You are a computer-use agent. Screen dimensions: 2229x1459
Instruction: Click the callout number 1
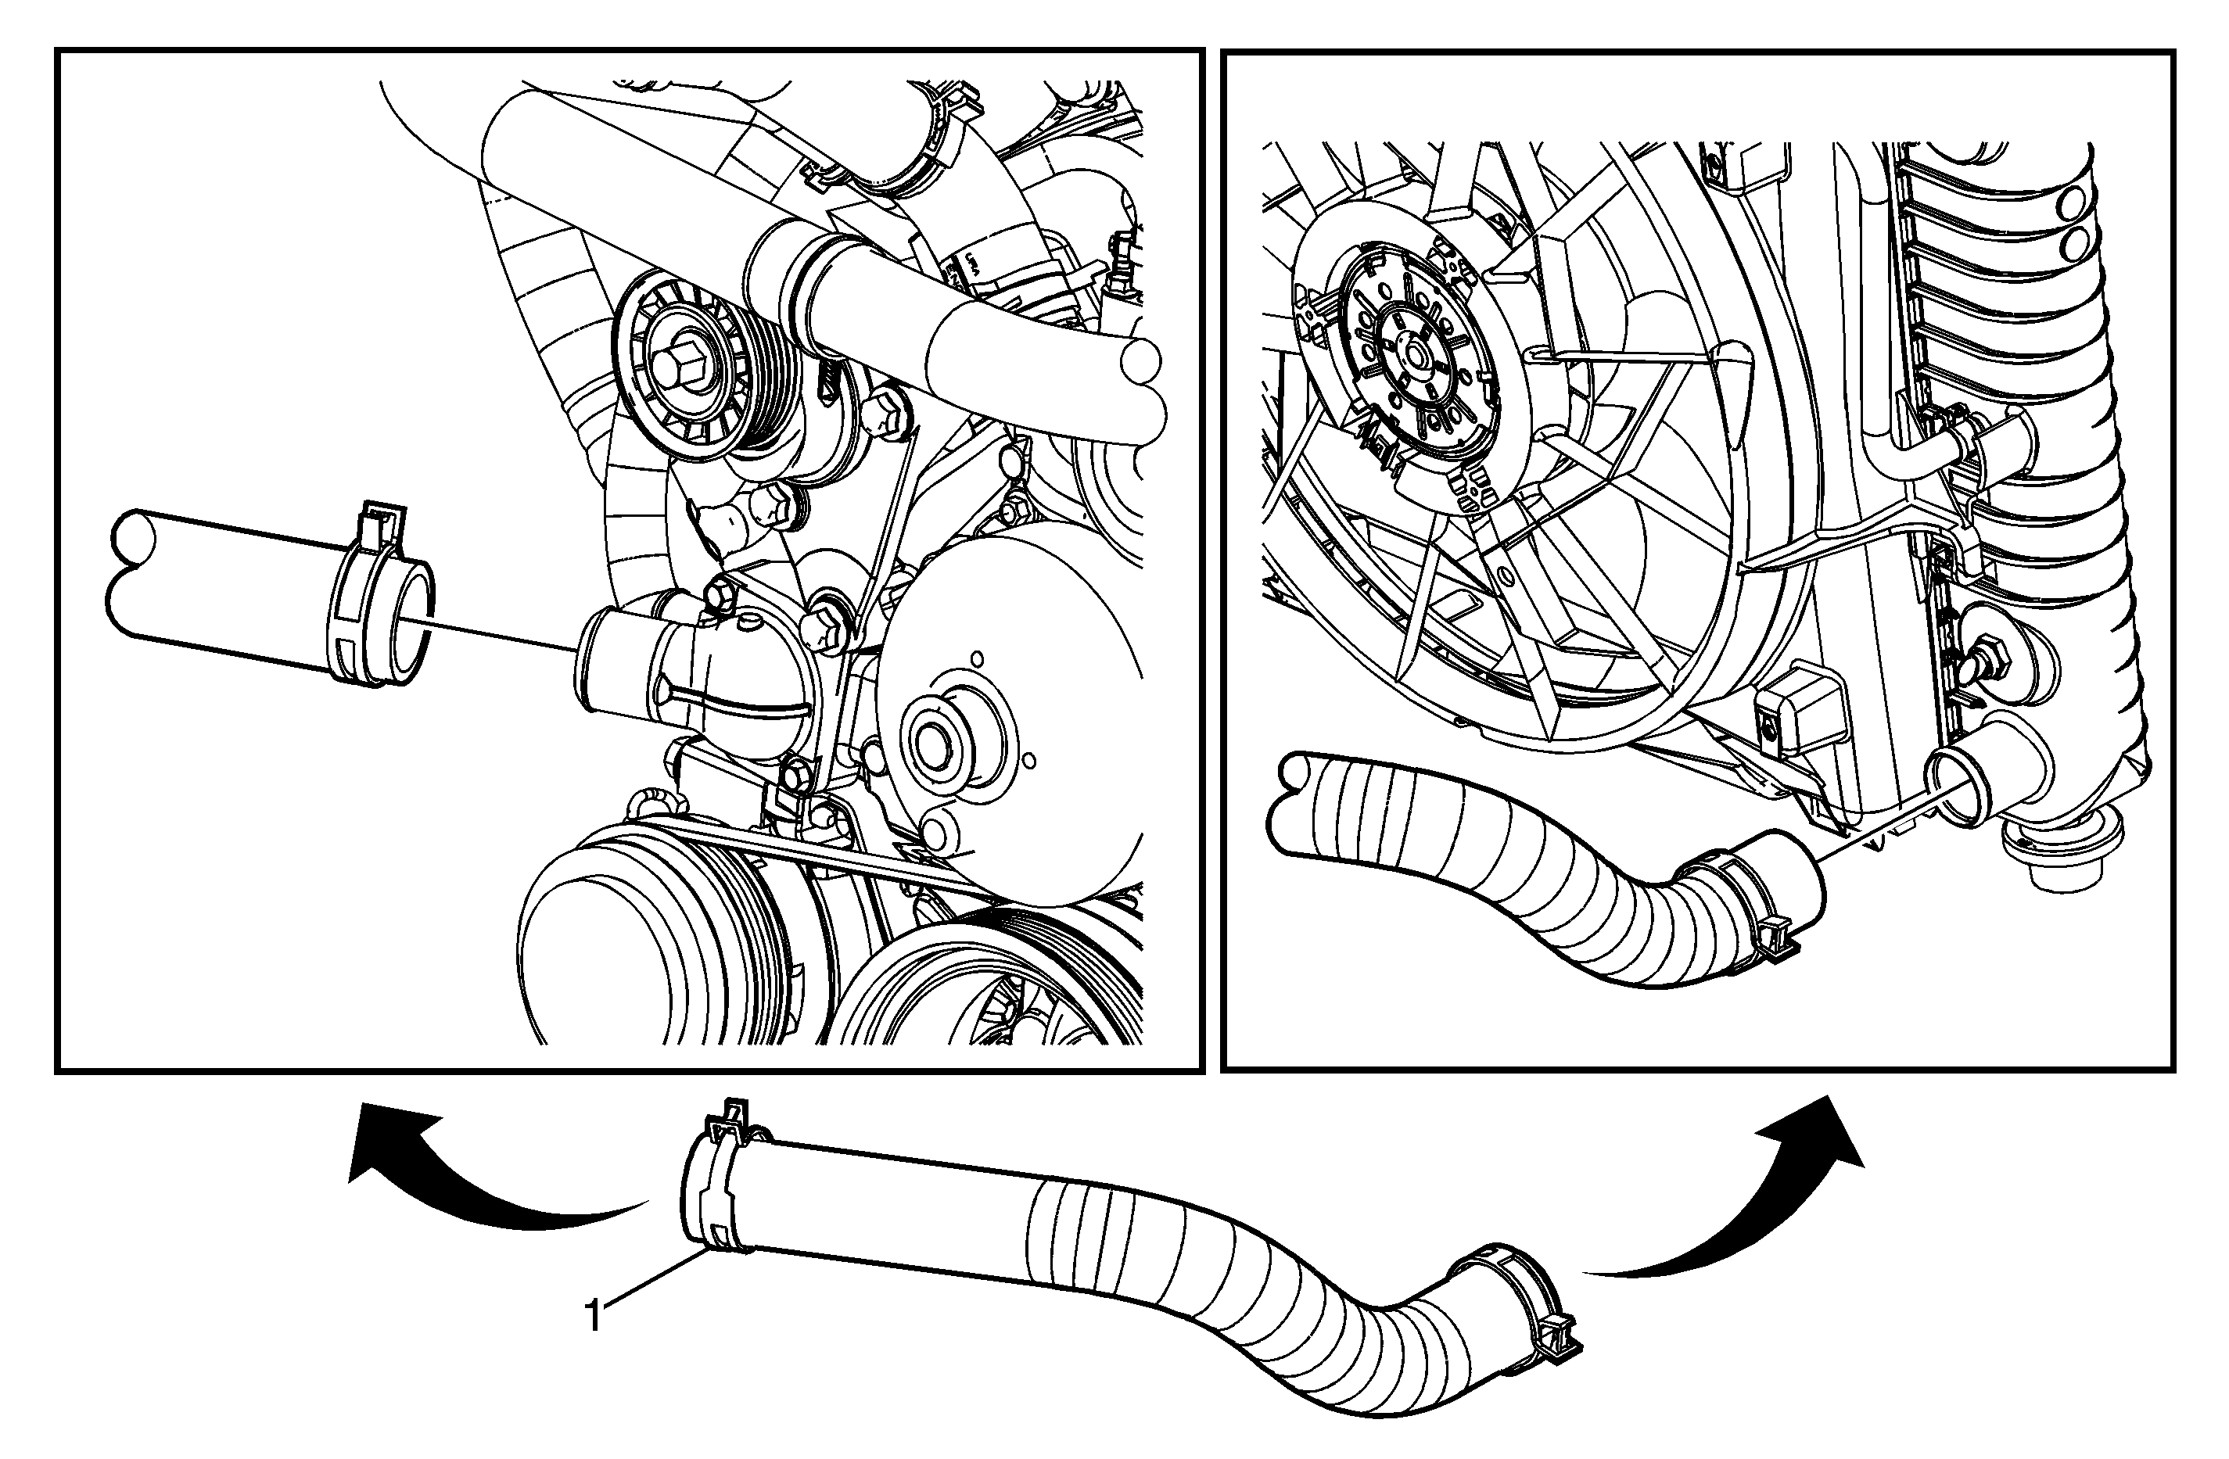[x=593, y=1316]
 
